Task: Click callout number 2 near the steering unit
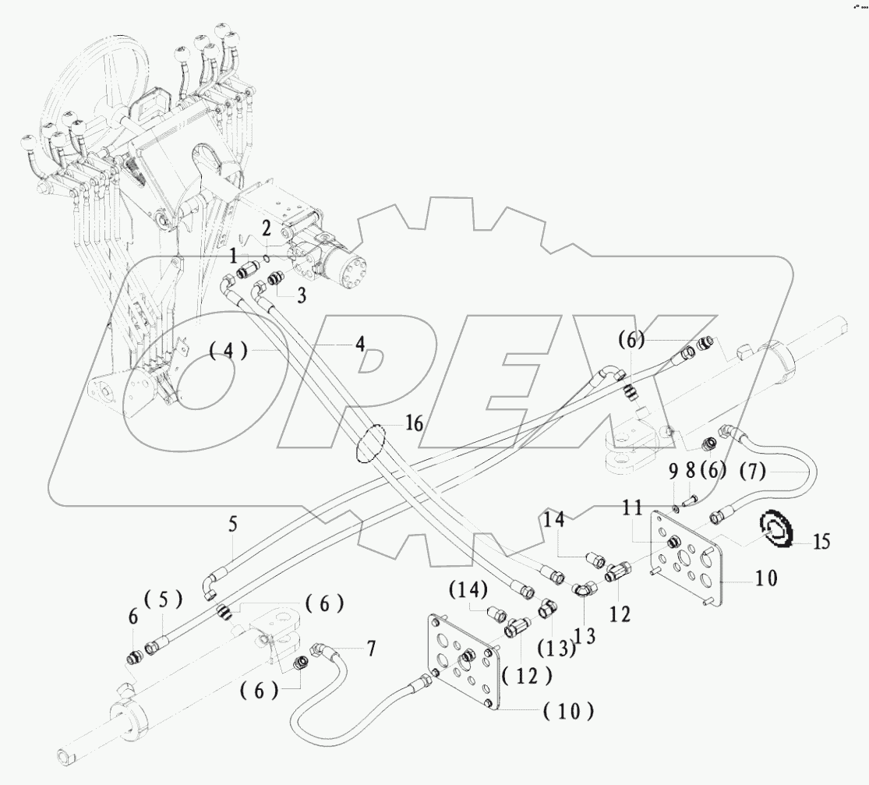[266, 228]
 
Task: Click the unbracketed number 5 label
[233, 525]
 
